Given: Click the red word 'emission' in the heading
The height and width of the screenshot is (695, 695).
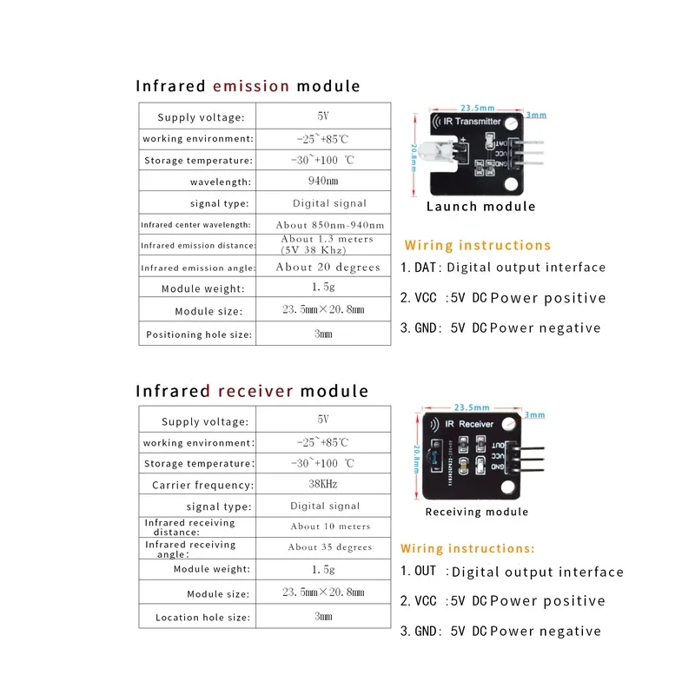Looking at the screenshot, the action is pyautogui.click(x=251, y=86).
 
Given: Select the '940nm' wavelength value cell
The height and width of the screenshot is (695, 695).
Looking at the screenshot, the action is pyautogui.click(x=323, y=181).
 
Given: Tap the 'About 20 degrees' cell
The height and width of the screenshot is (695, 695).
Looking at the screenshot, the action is pyautogui.click(x=328, y=268).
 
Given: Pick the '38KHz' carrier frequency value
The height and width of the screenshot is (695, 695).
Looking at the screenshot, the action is pyautogui.click(x=323, y=484).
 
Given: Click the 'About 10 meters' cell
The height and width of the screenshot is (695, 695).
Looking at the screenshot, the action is pyautogui.click(x=330, y=526).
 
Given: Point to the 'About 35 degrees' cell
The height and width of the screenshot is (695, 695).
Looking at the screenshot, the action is pyautogui.click(x=330, y=547).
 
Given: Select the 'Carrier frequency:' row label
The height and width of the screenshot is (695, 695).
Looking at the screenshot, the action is pyautogui.click(x=202, y=486).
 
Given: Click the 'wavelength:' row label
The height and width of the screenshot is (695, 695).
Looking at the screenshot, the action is pyautogui.click(x=221, y=182).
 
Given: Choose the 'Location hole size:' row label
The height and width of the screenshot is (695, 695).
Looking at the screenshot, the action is pyautogui.click(x=202, y=618).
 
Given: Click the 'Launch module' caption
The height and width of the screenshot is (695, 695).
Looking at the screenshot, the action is pyautogui.click(x=480, y=207).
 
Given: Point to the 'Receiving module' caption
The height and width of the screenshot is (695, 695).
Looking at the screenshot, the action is pyautogui.click(x=476, y=513).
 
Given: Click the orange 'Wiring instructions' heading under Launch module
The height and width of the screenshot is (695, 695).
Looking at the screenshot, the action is pyautogui.click(x=478, y=246).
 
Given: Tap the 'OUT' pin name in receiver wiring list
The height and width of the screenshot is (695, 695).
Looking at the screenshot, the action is pyautogui.click(x=426, y=572).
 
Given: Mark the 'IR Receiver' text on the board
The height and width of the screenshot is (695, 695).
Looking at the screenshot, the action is pyautogui.click(x=469, y=424).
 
